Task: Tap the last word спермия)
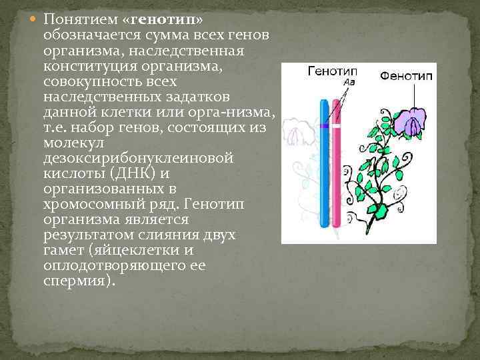click(x=78, y=281)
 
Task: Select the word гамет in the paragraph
click(x=62, y=251)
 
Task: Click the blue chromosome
click(x=323, y=167)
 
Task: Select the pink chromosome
click(x=336, y=167)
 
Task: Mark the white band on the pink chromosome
click(x=336, y=125)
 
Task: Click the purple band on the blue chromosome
click(x=323, y=125)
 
